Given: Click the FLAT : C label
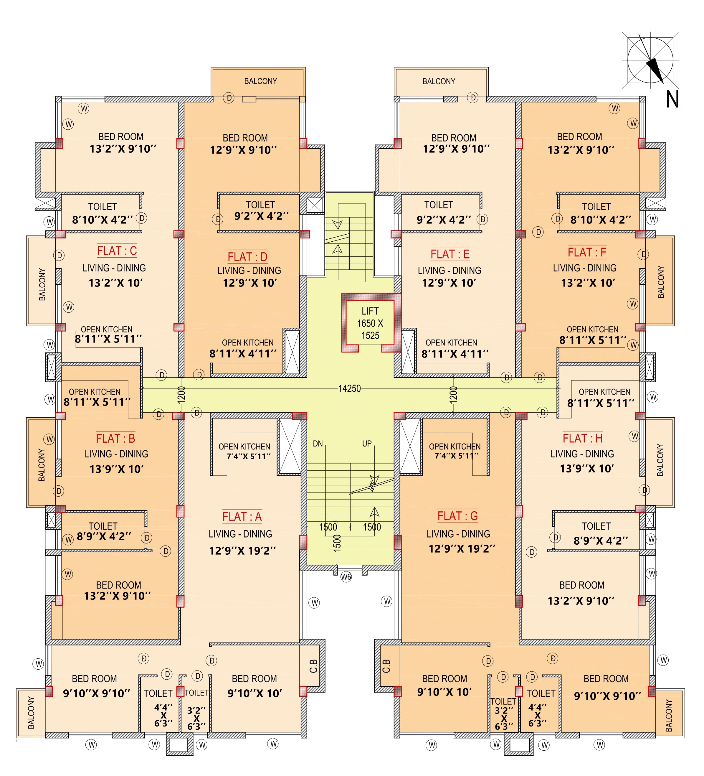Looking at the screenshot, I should [x=117, y=251].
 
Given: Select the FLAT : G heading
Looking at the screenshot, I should [x=457, y=515].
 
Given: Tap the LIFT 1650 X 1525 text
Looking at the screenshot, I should [x=370, y=323].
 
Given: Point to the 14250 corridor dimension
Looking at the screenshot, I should [x=349, y=389].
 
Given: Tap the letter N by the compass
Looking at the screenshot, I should [x=672, y=99].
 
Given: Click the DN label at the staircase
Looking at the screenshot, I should [x=318, y=444].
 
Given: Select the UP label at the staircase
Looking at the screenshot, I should [x=367, y=444].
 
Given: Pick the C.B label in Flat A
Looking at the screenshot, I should [x=313, y=666].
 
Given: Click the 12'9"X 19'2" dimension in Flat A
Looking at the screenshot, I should [x=242, y=551].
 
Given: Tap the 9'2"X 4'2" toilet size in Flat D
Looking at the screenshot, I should [x=261, y=216].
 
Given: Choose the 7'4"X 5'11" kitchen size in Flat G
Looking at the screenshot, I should [x=456, y=456].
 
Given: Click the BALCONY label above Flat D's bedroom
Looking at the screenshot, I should [x=260, y=81].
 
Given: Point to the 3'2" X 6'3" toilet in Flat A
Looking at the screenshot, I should [x=196, y=718].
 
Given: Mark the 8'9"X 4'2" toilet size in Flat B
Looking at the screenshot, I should [x=104, y=536].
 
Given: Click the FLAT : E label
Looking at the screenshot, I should [x=450, y=254].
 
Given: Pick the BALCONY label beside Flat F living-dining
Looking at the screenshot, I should [x=660, y=282].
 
